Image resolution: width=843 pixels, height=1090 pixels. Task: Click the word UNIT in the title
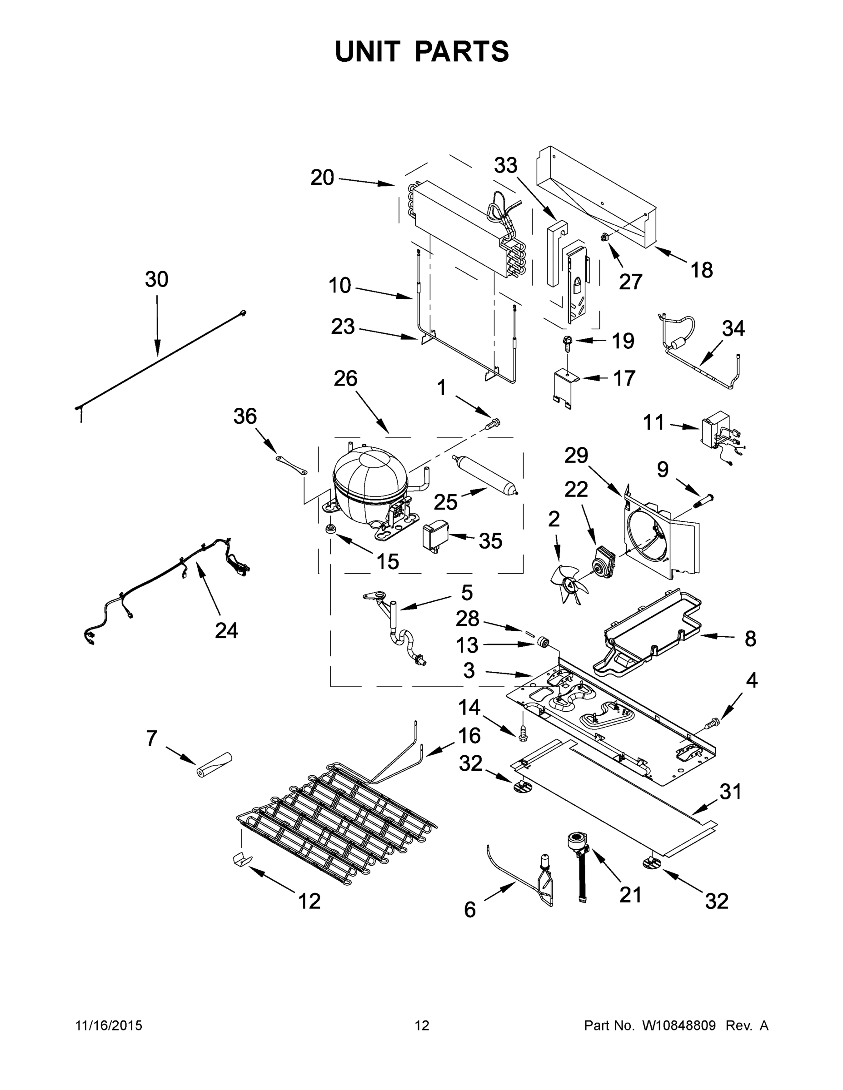pos(368,51)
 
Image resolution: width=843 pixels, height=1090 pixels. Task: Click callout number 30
pos(156,279)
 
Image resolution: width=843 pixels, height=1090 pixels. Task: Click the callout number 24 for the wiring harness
pos(226,631)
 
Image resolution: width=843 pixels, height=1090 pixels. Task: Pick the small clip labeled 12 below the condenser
pos(243,859)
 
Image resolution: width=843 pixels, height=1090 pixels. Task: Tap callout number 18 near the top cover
pos(702,270)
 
